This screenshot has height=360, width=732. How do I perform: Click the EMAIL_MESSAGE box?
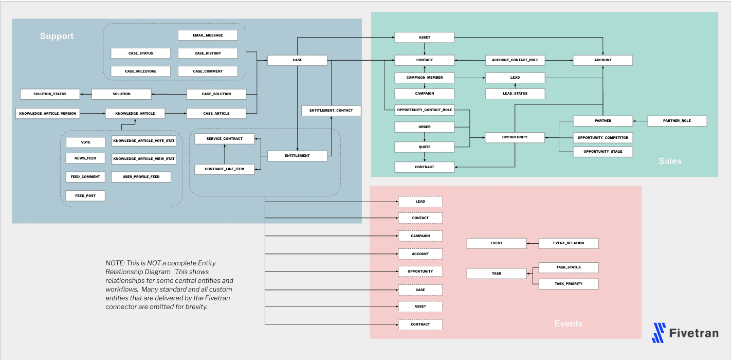208,35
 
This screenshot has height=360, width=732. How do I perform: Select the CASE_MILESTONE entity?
140,71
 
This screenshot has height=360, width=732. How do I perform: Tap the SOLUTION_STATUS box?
50,94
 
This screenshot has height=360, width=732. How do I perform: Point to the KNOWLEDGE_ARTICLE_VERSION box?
48,113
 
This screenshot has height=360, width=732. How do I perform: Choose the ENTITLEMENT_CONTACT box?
331,111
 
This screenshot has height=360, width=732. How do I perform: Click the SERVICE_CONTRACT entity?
224,138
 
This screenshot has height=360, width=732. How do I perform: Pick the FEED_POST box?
85,196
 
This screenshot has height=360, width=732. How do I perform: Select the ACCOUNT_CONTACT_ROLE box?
515,60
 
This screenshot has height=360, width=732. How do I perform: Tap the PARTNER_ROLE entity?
676,121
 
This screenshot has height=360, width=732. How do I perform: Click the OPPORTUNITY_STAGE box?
602,152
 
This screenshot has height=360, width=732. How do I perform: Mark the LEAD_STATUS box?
515,94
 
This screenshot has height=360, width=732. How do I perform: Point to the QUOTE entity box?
424,147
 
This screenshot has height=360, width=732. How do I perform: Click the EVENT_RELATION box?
568,243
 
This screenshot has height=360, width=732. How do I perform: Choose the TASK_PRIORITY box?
568,284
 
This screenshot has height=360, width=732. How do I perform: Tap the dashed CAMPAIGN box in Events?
420,236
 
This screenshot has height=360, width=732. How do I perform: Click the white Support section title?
57,37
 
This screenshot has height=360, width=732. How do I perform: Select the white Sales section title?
670,161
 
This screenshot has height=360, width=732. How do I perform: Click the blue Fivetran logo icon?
658,333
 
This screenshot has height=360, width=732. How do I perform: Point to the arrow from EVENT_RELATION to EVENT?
533,243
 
